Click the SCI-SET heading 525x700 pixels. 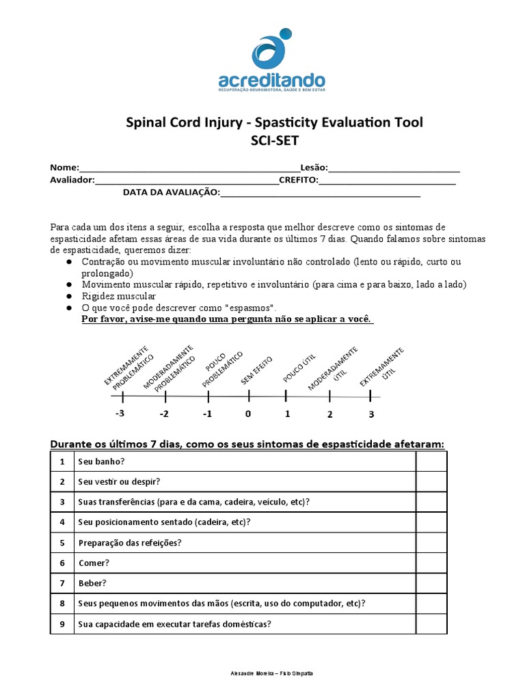275,142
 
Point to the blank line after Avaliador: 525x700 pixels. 186,183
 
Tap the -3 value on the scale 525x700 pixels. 120,414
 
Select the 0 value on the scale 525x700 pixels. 248,414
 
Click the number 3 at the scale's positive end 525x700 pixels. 371,414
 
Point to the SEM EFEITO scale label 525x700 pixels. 256,371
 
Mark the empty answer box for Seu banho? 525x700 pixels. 431,461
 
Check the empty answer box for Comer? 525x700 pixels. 431,563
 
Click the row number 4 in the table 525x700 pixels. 62,522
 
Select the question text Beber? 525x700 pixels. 93,584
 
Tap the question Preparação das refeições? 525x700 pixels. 130,543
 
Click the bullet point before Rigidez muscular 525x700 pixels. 69,297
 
